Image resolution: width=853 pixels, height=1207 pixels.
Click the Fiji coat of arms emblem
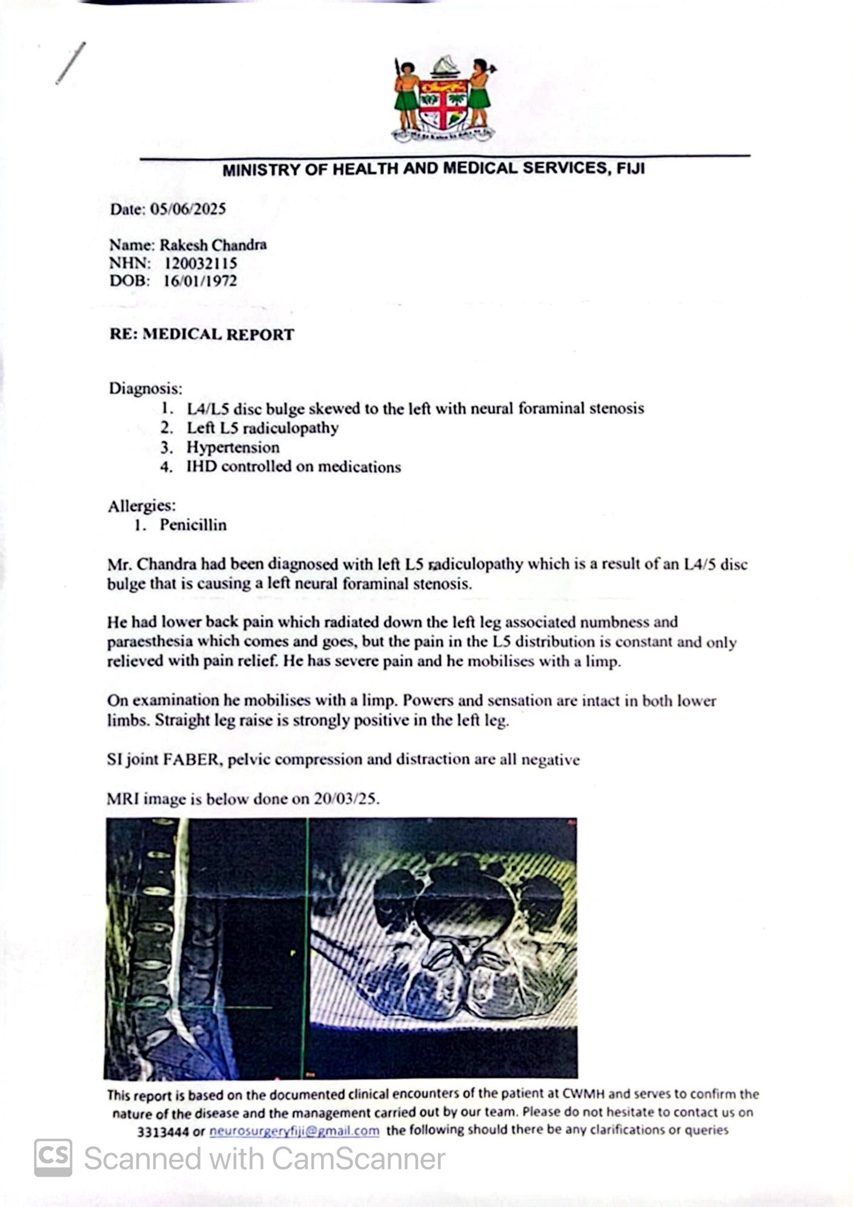click(444, 101)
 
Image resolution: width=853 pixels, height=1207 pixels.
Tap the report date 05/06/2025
click(188, 209)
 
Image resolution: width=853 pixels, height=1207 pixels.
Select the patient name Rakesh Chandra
click(213, 245)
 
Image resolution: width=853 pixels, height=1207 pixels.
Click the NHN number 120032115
click(201, 263)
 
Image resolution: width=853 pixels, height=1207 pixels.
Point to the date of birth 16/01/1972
click(200, 281)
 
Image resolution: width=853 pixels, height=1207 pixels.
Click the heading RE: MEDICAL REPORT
click(202, 334)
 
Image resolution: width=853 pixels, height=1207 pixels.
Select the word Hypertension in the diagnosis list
click(233, 447)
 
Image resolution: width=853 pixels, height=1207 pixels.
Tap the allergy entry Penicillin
click(193, 525)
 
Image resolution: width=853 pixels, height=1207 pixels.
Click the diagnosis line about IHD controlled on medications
click(293, 467)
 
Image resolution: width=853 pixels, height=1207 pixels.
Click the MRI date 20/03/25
click(346, 799)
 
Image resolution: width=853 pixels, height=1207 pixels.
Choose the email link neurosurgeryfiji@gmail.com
click(294, 1131)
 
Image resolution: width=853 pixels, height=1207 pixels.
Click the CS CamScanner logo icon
click(53, 1158)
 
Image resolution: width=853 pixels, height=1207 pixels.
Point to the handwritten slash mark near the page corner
click(70, 63)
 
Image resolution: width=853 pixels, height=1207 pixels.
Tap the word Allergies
click(142, 505)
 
